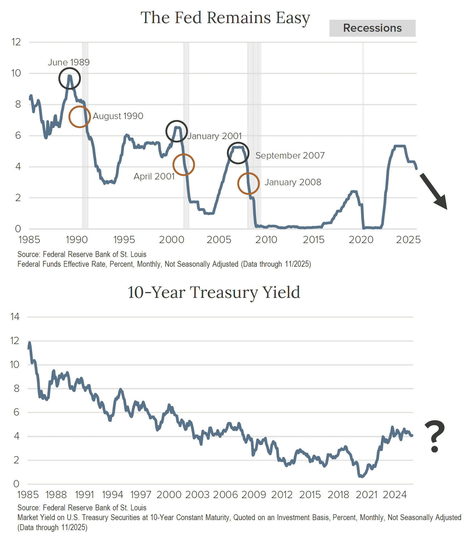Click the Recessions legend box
point(372,28)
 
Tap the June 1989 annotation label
point(69,62)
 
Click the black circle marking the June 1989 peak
point(70,78)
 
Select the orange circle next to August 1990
point(80,117)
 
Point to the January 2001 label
point(215,136)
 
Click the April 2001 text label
point(154,176)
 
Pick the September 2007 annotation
point(290,155)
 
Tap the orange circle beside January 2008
point(248,184)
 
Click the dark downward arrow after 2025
point(433,191)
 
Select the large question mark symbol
point(435,436)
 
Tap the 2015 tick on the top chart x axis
point(314,240)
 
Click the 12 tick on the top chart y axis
point(16,42)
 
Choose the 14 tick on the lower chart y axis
point(15,317)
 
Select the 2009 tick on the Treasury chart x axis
point(254,495)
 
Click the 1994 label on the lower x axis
point(112,495)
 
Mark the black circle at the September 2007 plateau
point(238,153)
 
